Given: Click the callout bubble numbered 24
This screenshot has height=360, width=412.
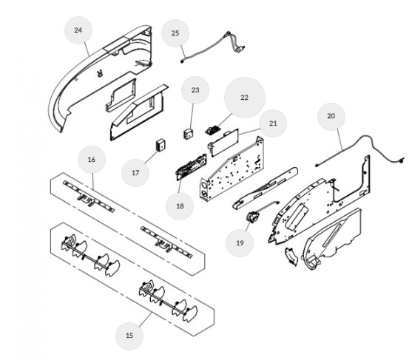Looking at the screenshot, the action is click(x=78, y=30).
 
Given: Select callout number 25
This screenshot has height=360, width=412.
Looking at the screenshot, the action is click(x=175, y=33).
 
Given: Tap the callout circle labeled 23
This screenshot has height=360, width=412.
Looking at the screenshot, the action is click(x=195, y=90).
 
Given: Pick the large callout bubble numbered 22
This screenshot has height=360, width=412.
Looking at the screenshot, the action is click(x=245, y=98).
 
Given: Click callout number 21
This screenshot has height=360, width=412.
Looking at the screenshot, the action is click(x=273, y=123).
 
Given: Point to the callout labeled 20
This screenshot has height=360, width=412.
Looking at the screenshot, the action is click(x=331, y=116).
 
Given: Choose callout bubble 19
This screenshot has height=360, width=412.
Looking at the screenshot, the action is click(x=240, y=243).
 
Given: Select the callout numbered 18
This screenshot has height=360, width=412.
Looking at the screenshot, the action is click(x=180, y=206).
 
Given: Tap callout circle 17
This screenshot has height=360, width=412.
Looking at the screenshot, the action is click(x=135, y=173).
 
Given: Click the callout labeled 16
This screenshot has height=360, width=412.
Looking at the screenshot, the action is click(x=92, y=160).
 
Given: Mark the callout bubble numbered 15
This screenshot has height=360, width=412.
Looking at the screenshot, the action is click(x=129, y=336).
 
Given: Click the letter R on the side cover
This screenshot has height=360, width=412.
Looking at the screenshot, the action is click(x=100, y=74).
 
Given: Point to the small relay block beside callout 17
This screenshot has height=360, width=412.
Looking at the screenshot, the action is click(x=160, y=145).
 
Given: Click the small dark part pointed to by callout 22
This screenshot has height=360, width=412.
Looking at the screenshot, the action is click(x=212, y=130).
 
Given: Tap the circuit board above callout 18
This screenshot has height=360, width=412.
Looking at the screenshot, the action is click(x=192, y=167).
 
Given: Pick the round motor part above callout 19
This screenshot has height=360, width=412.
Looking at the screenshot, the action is click(x=251, y=217).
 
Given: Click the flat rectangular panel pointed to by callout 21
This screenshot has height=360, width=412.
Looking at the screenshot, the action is click(x=223, y=143).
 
